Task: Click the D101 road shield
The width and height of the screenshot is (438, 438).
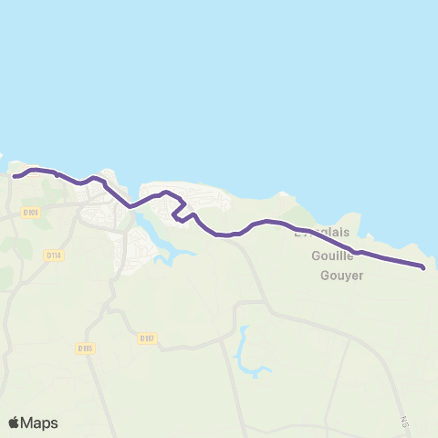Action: tap(30, 213)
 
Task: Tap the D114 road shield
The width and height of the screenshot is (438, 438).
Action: tap(54, 256)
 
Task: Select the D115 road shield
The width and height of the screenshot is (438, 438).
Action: tap(86, 348)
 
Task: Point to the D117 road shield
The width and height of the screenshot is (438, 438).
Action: tap(148, 338)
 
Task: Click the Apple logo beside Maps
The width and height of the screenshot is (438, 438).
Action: tap(15, 422)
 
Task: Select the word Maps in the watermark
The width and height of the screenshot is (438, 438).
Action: tap(40, 422)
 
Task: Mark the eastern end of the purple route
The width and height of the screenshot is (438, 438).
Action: tap(422, 266)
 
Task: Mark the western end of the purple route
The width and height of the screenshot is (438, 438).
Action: tap(14, 176)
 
